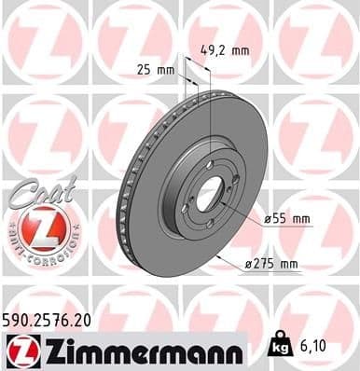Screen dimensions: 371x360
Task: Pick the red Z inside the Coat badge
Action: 37,227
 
